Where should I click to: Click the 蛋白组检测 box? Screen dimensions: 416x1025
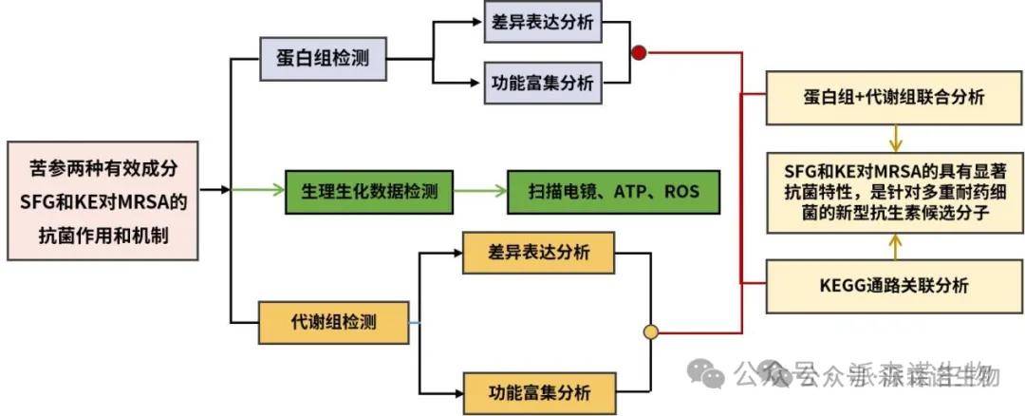pyautogui.click(x=323, y=59)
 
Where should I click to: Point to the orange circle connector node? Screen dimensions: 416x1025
pyautogui.click(x=651, y=333)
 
